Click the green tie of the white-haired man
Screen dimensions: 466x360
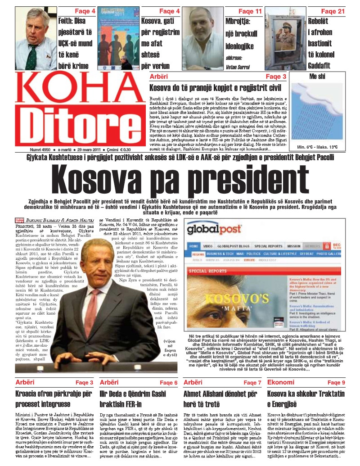[32, 56]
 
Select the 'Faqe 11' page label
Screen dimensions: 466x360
[250, 11]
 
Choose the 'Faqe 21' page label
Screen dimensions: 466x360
[333, 11]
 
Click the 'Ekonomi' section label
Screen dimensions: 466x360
[281, 382]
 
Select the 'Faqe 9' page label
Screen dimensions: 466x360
[336, 383]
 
